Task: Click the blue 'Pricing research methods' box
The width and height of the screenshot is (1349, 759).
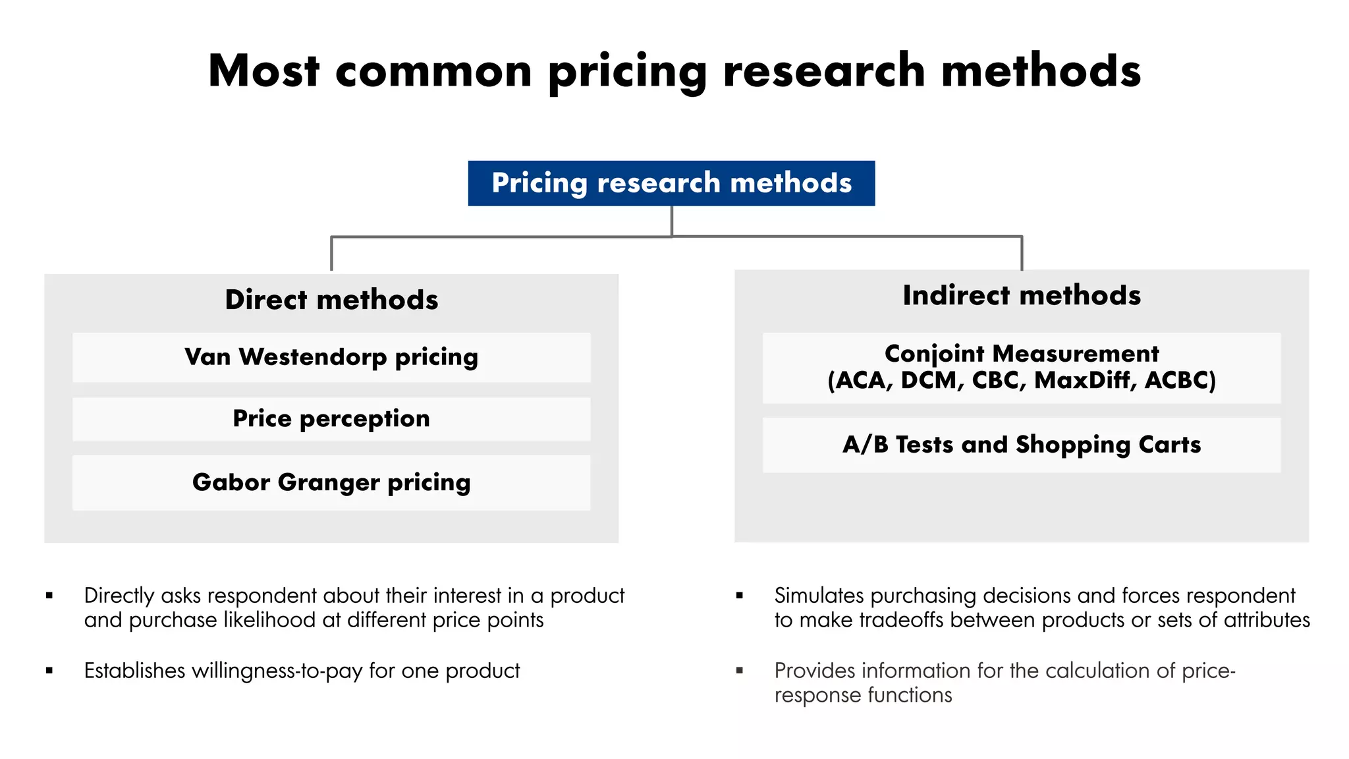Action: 671,183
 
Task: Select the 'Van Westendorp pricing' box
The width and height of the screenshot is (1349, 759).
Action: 331,357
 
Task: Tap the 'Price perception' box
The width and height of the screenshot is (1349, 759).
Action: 331,419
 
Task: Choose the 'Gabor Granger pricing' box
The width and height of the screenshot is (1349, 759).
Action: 331,482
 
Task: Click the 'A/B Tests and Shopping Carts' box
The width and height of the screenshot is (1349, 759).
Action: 1022,445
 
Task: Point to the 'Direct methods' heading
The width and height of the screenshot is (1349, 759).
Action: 331,300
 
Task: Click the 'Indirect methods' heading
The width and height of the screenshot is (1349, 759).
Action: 1022,295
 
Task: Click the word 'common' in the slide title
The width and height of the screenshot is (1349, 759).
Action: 433,71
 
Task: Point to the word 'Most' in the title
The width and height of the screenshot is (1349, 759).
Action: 263,71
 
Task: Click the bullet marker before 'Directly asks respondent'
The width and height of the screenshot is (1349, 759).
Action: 49,596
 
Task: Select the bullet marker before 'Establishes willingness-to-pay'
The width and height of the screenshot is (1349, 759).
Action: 49,671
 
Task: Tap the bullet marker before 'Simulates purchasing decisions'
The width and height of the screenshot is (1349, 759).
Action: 740,596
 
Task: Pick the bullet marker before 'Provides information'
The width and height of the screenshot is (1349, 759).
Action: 740,671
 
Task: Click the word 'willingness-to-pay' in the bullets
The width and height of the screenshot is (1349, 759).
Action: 277,671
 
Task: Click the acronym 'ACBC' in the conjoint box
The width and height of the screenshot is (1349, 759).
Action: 1180,381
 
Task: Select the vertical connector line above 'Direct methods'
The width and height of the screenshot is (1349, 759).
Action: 331,254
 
